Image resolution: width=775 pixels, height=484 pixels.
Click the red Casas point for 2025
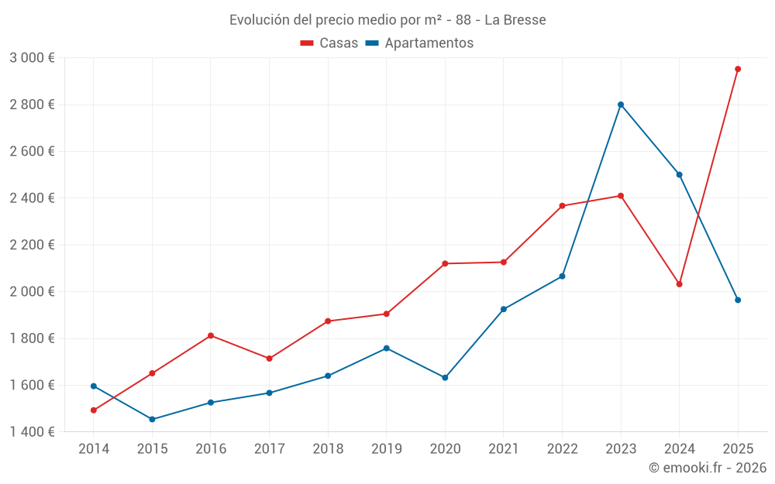(738, 69)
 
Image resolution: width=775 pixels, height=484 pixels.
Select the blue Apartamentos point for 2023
(621, 105)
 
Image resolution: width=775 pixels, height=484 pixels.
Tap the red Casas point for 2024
(680, 284)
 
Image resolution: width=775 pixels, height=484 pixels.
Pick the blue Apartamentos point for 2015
(152, 420)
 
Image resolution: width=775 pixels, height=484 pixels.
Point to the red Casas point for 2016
(211, 335)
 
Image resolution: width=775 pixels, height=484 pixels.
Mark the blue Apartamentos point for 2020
(445, 378)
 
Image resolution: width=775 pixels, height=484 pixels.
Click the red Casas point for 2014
(94, 410)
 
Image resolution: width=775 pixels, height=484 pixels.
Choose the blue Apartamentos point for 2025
(738, 300)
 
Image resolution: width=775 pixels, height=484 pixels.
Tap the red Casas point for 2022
(562, 206)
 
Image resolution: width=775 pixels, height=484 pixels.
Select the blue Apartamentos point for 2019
(387, 348)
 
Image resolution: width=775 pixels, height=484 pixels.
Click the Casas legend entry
(329, 43)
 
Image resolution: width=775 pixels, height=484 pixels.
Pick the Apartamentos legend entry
(419, 43)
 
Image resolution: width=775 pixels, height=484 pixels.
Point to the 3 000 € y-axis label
(32, 58)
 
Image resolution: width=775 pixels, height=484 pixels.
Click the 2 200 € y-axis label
(32, 245)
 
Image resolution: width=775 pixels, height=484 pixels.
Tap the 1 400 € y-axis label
(32, 432)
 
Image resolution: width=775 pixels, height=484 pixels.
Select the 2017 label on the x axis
(269, 448)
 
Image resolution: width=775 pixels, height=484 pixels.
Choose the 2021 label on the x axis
(504, 448)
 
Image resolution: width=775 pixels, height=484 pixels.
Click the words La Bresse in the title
(515, 20)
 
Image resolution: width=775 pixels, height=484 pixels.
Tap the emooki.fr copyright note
(707, 468)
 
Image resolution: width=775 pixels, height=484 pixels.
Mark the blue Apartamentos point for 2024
(680, 174)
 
